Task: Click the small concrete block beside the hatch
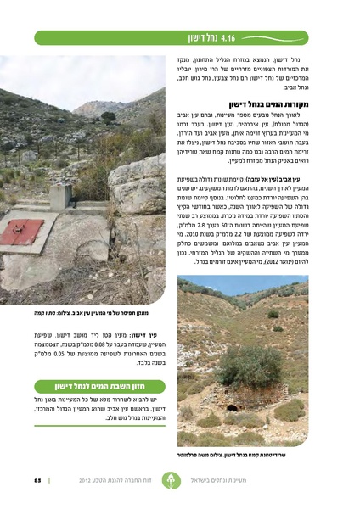pyautogui.click(x=59, y=197)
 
